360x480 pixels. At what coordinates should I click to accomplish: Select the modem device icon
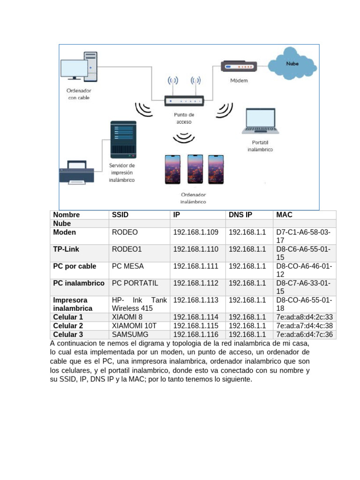pos(239,67)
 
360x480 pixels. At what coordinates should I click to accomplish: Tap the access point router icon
pos(184,100)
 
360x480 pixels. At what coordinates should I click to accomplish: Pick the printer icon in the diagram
pos(76,172)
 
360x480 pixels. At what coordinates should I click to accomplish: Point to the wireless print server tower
pos(123,140)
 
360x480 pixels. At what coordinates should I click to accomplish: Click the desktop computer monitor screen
pos(74,69)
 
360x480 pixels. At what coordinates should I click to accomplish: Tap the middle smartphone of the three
pos(195,169)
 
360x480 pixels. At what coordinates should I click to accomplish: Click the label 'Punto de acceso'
pos(184,118)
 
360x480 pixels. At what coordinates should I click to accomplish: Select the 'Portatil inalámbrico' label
pos(260,146)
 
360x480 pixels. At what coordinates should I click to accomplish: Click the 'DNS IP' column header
pos(240,215)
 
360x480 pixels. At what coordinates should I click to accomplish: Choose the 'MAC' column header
pos(285,215)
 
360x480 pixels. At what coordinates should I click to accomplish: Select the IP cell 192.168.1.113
pos(196,300)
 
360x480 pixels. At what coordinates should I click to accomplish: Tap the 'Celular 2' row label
pos(68,326)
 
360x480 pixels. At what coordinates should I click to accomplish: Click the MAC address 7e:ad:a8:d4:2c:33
pos(305,317)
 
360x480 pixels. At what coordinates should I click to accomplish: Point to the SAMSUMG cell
pos(130,335)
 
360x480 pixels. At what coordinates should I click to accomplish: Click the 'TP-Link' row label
pos(66,249)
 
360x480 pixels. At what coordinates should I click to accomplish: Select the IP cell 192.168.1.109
pos(196,232)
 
